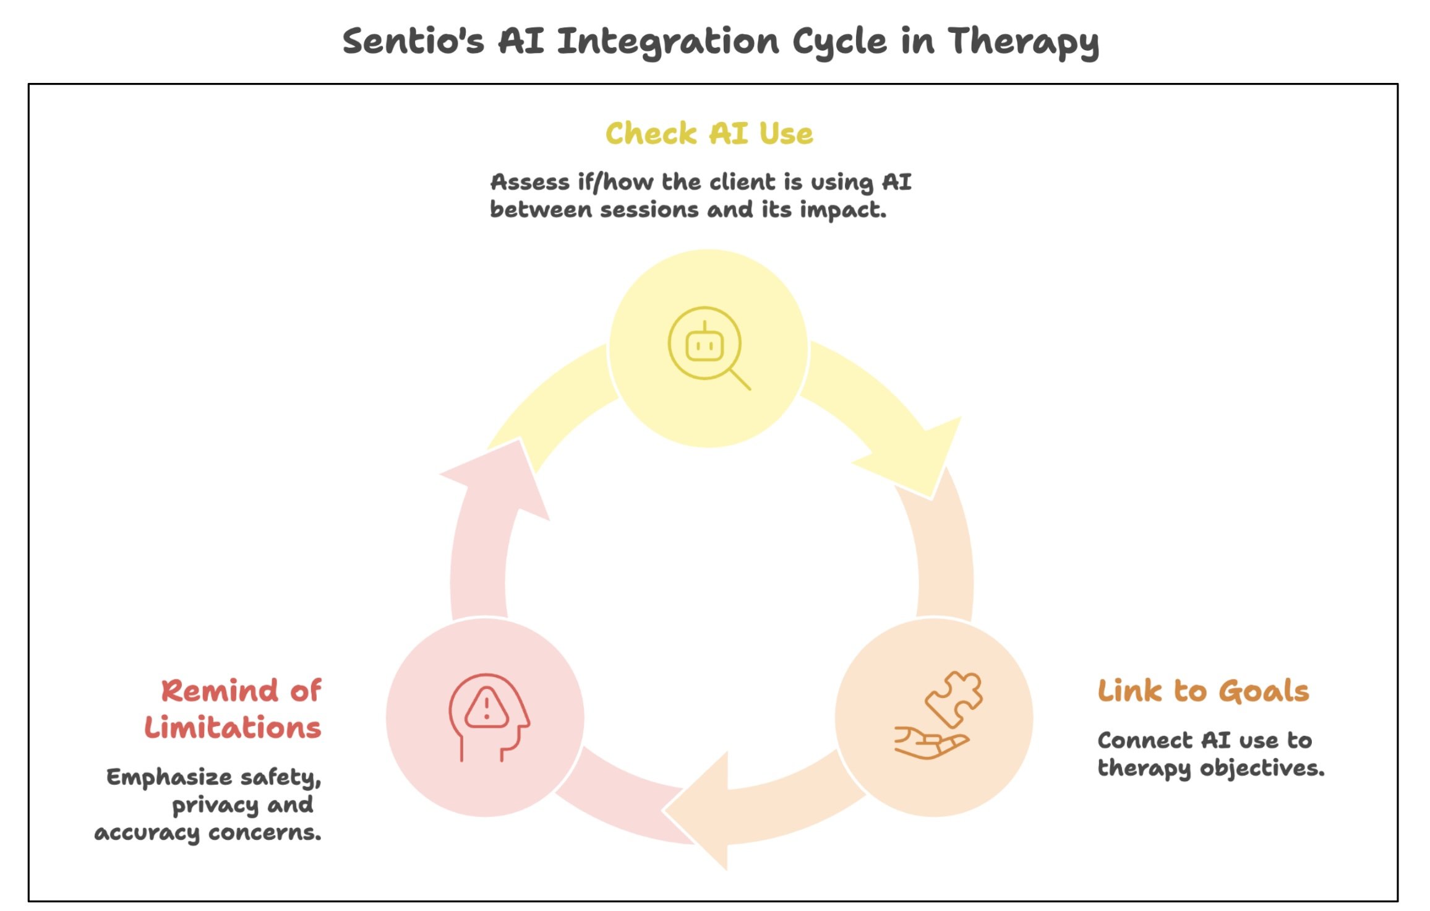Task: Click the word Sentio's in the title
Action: click(x=413, y=41)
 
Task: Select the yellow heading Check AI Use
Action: click(x=709, y=134)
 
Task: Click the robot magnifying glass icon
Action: click(x=708, y=347)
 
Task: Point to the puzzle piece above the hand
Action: click(x=954, y=697)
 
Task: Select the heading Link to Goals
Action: click(x=1203, y=691)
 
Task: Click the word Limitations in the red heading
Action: click(x=233, y=727)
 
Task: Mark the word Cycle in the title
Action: click(x=839, y=41)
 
